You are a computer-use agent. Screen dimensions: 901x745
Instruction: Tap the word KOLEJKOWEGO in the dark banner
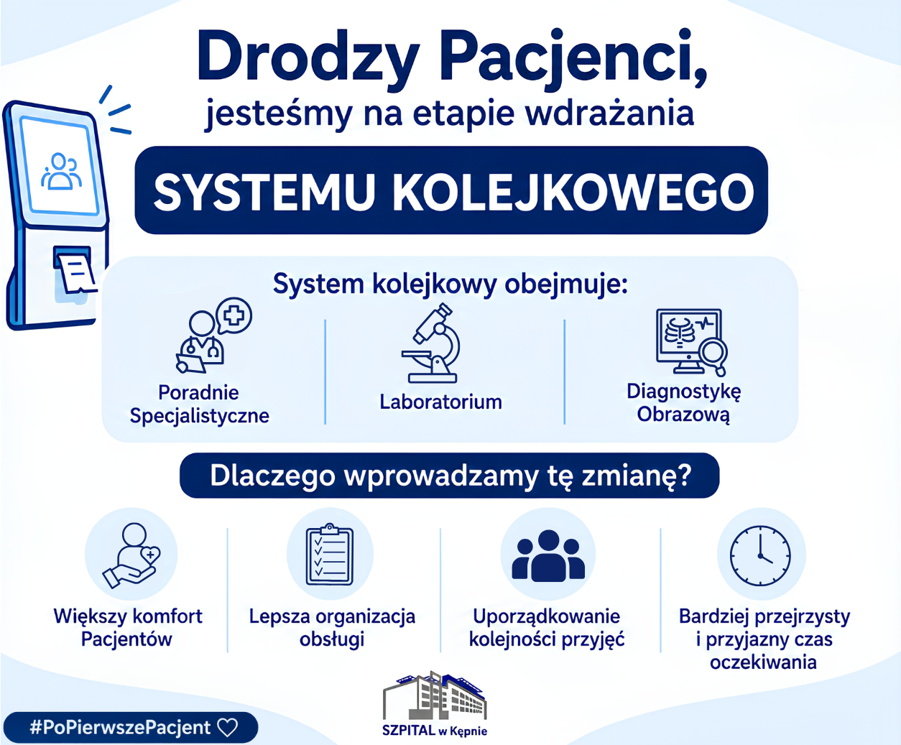tap(573, 193)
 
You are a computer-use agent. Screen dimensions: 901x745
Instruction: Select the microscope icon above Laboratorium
tap(430, 343)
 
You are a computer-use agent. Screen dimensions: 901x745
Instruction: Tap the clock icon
tap(760, 555)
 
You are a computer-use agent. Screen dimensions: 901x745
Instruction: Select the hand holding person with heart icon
tap(131, 555)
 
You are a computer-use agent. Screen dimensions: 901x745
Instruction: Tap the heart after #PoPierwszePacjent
tap(228, 728)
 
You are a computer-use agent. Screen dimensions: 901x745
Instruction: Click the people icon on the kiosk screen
tap(61, 171)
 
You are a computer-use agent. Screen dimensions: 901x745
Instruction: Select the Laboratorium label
tap(440, 402)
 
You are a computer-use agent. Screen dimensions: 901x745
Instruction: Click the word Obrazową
tap(683, 415)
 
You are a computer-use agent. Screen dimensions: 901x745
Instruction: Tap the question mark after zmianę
tap(683, 475)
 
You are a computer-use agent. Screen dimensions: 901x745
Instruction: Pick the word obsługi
tap(332, 639)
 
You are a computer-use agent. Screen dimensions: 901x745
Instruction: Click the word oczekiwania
tap(763, 662)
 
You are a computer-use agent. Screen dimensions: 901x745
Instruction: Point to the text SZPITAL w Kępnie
tap(435, 731)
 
